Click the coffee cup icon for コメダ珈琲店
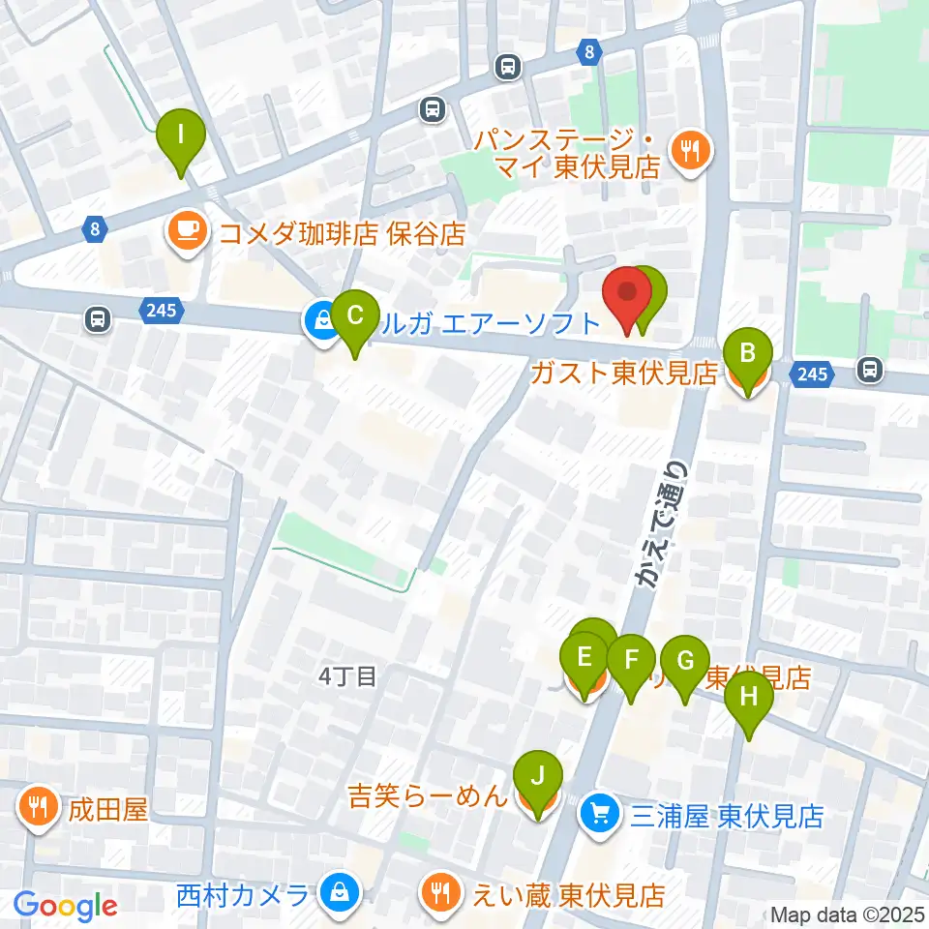(185, 232)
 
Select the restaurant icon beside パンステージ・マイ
(691, 150)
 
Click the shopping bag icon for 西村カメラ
(340, 890)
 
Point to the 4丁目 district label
(346, 675)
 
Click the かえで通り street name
(662, 523)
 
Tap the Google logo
(66, 906)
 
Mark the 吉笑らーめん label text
(428, 797)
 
